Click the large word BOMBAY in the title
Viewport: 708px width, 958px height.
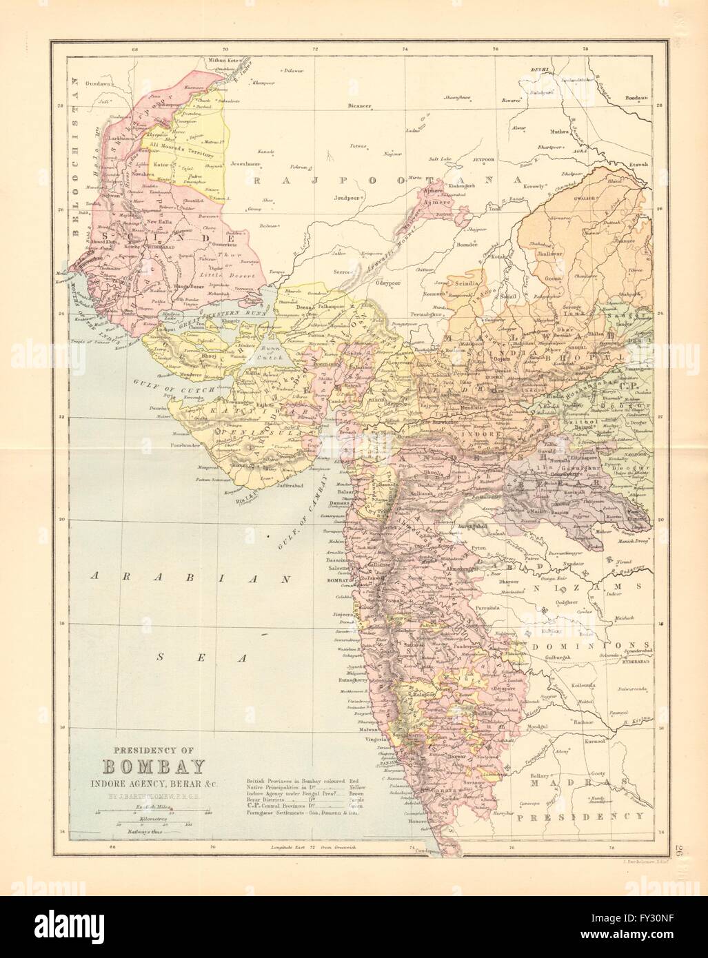coord(145,766)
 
